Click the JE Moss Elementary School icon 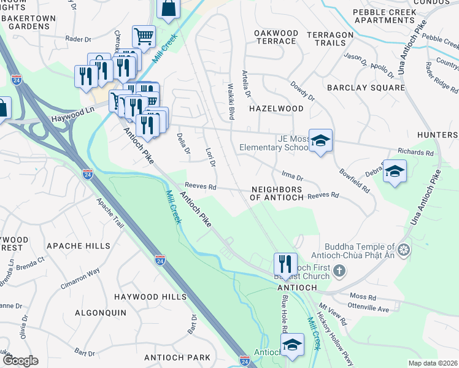coord(320,141)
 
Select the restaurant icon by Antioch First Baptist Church coord(285,264)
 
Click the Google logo coord(20,361)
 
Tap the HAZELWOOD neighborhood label coord(276,109)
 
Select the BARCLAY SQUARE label coord(366,88)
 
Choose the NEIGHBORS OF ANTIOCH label coord(277,194)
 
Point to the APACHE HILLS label coord(79,246)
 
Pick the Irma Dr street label coord(293,177)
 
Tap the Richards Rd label coord(415,152)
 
